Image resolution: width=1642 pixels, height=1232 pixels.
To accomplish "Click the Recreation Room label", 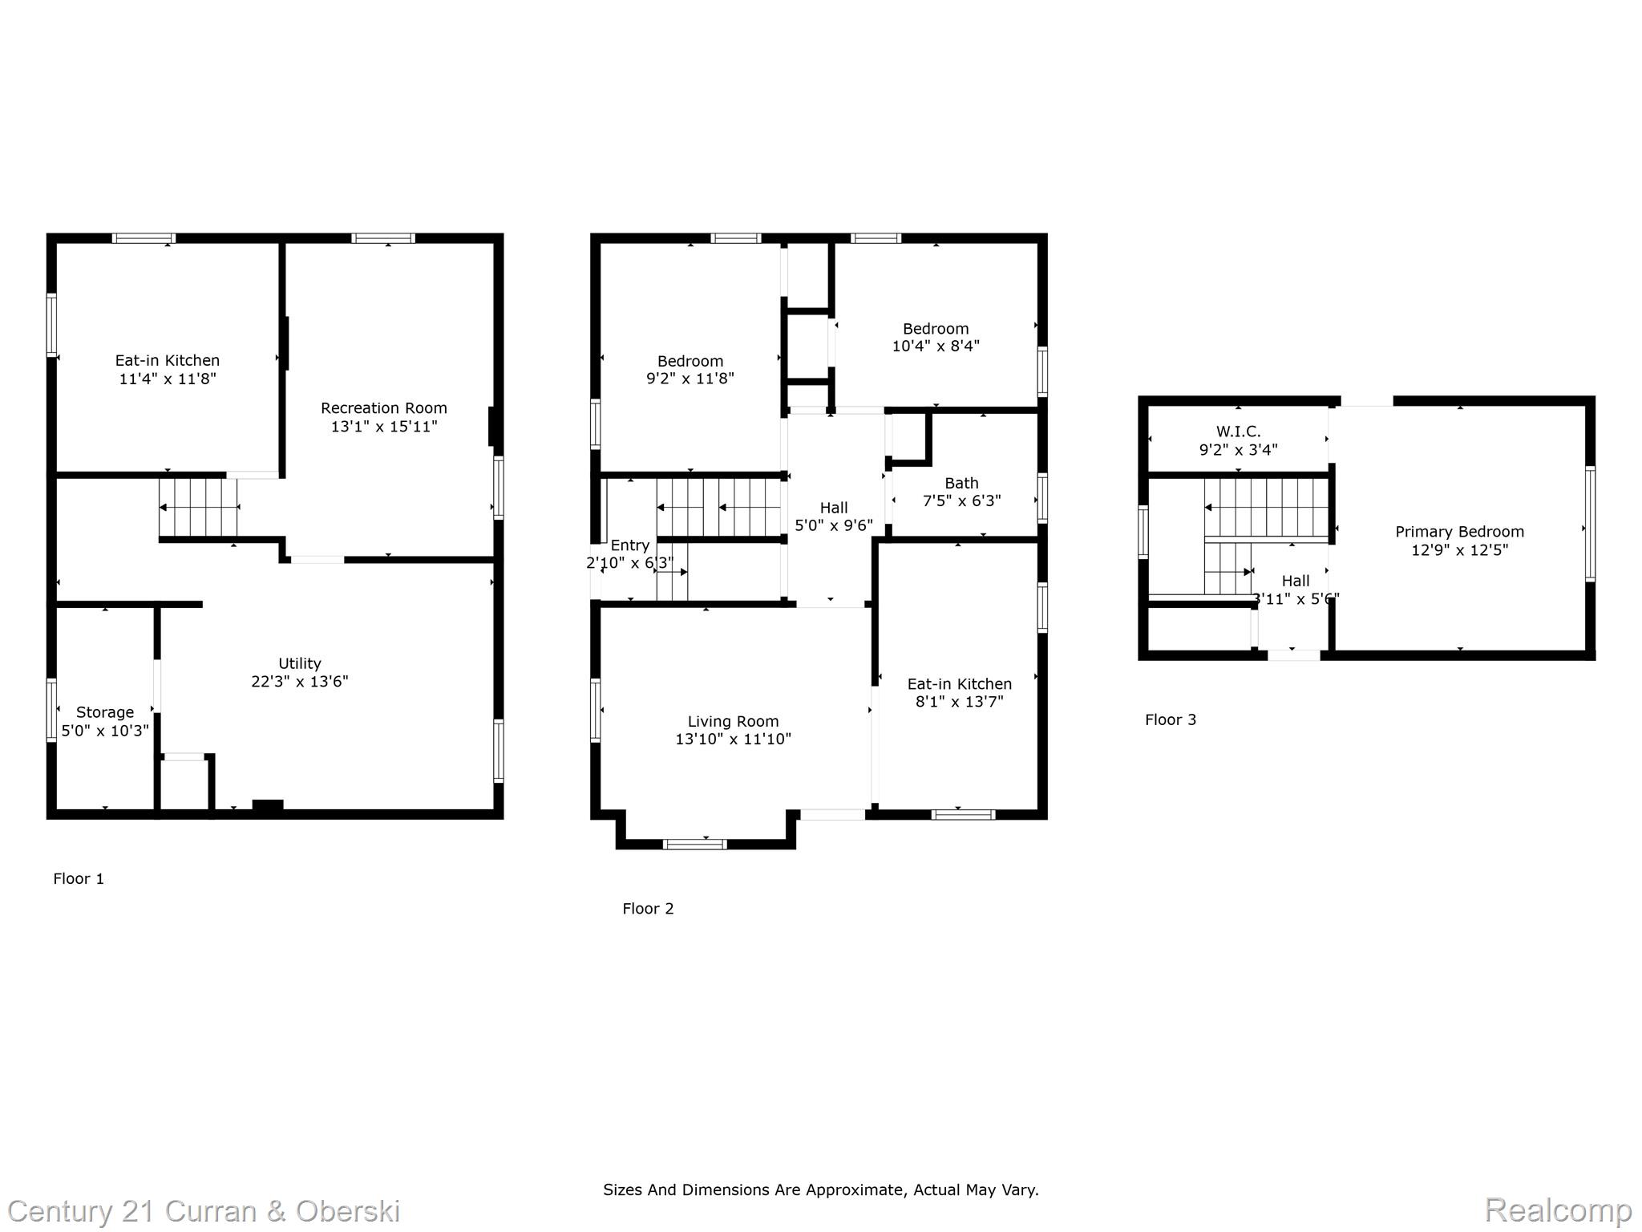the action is tap(384, 408).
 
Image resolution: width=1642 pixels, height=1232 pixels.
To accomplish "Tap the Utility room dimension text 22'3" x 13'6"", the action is tap(300, 682).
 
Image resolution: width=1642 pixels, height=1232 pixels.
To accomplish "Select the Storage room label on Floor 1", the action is tap(105, 712).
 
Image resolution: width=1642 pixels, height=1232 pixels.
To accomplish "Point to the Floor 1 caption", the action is tap(79, 878).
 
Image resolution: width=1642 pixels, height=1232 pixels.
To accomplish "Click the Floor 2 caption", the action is tap(648, 908).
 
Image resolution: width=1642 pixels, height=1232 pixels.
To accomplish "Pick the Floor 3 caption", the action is tap(1171, 719).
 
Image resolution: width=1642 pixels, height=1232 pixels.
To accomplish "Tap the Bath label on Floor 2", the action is tap(961, 483).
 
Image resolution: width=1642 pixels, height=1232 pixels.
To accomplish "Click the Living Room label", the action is tap(733, 721).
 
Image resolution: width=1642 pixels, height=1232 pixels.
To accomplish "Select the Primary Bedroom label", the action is tap(1460, 532).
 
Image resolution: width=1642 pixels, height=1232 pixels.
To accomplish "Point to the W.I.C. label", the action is tap(1239, 432).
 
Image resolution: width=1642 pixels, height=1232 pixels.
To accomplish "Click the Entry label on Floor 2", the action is tap(630, 545).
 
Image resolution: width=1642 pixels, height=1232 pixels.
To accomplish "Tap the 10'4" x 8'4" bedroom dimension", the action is tap(936, 346).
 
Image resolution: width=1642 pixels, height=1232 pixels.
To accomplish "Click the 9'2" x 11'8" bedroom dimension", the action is tap(690, 379).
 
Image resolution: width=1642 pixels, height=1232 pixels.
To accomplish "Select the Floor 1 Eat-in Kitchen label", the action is tap(168, 361).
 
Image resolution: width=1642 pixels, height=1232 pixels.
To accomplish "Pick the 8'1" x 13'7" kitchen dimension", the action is tap(960, 702).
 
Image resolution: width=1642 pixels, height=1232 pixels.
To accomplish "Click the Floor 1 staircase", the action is tap(199, 507).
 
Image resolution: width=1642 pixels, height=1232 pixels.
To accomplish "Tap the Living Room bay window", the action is tap(695, 844).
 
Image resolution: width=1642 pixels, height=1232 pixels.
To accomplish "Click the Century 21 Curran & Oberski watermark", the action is tap(204, 1211).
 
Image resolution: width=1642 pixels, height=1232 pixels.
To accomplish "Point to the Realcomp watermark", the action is tap(1559, 1210).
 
